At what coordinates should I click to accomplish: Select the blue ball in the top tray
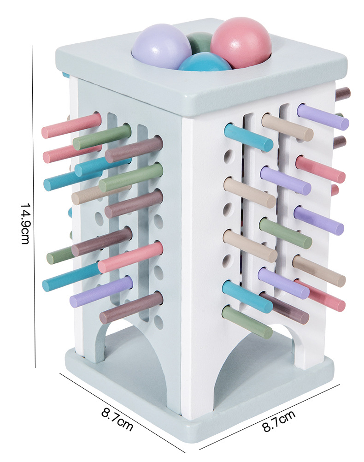tap(205, 62)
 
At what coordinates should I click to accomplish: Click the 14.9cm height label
tap(25, 223)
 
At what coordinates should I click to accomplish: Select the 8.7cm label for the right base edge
tap(278, 421)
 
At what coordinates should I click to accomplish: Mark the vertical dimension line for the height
tap(35, 206)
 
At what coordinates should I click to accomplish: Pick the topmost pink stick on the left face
tap(71, 126)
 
